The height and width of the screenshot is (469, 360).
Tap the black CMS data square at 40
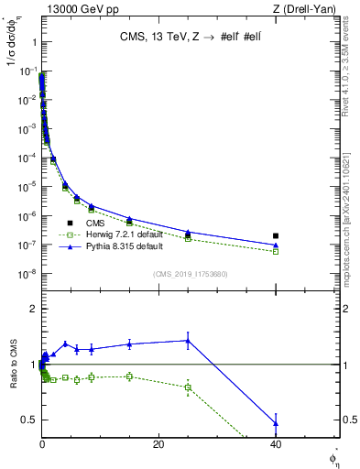pyautogui.click(x=276, y=235)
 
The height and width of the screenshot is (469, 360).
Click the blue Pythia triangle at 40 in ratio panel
pyautogui.click(x=276, y=423)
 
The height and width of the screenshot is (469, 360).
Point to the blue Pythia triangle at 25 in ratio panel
pyautogui.click(x=188, y=341)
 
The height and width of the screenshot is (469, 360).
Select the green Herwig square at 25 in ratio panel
pyautogui.click(x=188, y=387)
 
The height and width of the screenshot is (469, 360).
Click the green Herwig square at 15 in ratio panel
pyautogui.click(x=129, y=376)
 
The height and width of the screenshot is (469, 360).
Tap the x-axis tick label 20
pyautogui.click(x=158, y=444)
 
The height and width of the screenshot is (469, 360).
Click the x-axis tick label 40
pyautogui.click(x=276, y=444)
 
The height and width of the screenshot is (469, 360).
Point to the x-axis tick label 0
pyautogui.click(x=42, y=444)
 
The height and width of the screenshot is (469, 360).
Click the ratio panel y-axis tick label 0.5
pyautogui.click(x=28, y=420)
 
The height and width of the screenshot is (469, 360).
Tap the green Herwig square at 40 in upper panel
pyautogui.click(x=276, y=251)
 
